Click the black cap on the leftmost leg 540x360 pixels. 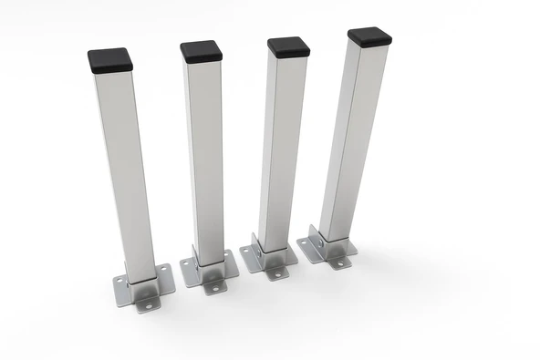110,60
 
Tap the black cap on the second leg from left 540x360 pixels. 201,51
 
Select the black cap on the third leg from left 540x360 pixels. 288,46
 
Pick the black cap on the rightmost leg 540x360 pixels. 369,37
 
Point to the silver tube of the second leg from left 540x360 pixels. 206,155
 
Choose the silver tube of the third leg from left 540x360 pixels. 279,146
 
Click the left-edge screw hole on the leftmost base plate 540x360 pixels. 119,281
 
